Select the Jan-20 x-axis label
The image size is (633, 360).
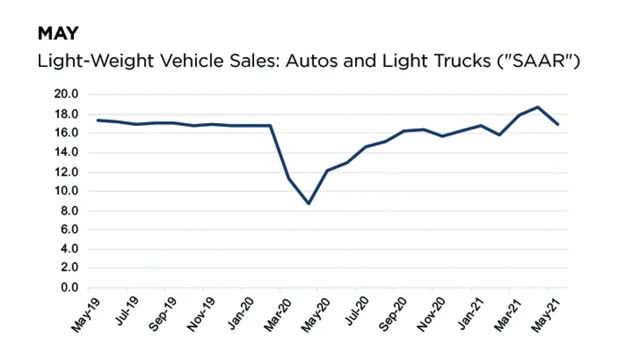click(238, 313)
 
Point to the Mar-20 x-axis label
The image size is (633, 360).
click(276, 313)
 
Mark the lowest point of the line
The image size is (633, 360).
click(308, 203)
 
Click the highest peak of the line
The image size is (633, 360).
click(538, 107)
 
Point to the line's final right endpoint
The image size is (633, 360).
click(558, 124)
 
